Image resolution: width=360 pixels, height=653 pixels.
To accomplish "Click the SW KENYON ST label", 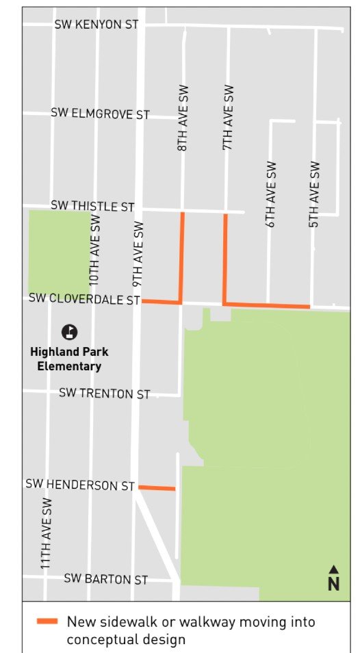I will click(97, 25).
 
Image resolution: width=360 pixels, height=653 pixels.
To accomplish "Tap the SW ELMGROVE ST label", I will click(100, 114).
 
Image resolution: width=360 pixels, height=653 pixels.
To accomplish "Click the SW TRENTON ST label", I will click(104, 394).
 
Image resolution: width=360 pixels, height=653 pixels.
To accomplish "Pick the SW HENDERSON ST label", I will click(80, 485).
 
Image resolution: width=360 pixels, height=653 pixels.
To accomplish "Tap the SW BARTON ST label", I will click(105, 579).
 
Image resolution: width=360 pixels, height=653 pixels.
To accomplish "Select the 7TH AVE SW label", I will click(229, 118).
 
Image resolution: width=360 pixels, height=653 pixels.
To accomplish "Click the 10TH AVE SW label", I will click(94, 251).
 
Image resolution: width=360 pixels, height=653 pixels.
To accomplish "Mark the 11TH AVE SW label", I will click(47, 534).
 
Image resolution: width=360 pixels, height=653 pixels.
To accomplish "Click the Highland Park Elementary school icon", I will click(69, 333).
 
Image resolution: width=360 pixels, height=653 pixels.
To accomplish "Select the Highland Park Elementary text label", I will click(69, 359).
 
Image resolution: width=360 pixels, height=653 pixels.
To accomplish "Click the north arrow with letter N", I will click(333, 578).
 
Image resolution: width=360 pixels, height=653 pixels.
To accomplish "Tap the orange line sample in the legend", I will click(47, 622).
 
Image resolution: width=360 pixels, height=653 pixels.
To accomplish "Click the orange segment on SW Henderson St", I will click(157, 488).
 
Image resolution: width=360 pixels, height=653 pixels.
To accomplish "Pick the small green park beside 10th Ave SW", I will click(57, 252).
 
